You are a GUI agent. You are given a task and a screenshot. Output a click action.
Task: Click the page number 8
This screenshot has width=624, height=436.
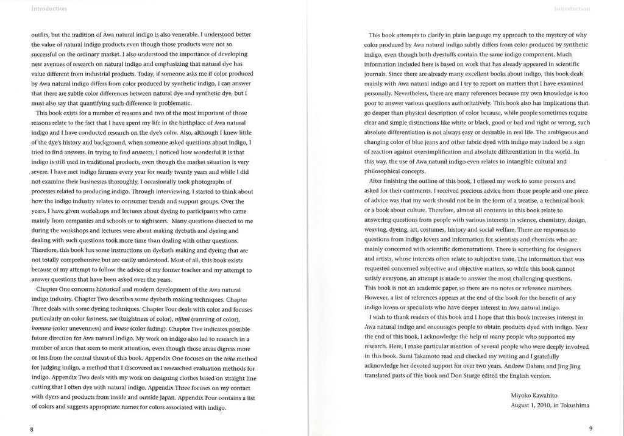[x=31, y=429]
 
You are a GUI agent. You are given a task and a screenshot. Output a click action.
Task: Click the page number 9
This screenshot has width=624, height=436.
[x=590, y=429]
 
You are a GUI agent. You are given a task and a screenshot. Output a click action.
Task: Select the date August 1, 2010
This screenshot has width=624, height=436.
[x=534, y=405]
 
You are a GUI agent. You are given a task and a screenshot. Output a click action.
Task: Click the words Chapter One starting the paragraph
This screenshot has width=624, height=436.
[x=54, y=289]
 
